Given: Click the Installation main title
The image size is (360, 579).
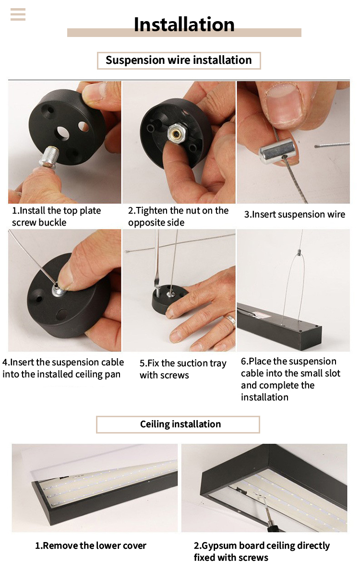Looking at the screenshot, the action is [184, 24].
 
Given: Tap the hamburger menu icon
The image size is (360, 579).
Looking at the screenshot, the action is [18, 14].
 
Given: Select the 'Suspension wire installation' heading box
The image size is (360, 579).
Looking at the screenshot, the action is [179, 60].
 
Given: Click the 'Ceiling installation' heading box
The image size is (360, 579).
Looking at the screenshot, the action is [178, 424].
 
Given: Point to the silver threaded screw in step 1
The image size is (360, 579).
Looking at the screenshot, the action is [49, 157].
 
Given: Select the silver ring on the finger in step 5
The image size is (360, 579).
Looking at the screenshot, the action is [230, 321].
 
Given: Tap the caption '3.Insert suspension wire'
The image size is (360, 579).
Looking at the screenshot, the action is [295, 214].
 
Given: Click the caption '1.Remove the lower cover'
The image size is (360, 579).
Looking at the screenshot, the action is [91, 546].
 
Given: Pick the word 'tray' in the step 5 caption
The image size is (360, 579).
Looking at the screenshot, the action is [217, 364].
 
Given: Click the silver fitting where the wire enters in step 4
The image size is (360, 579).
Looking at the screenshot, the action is [59, 290].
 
